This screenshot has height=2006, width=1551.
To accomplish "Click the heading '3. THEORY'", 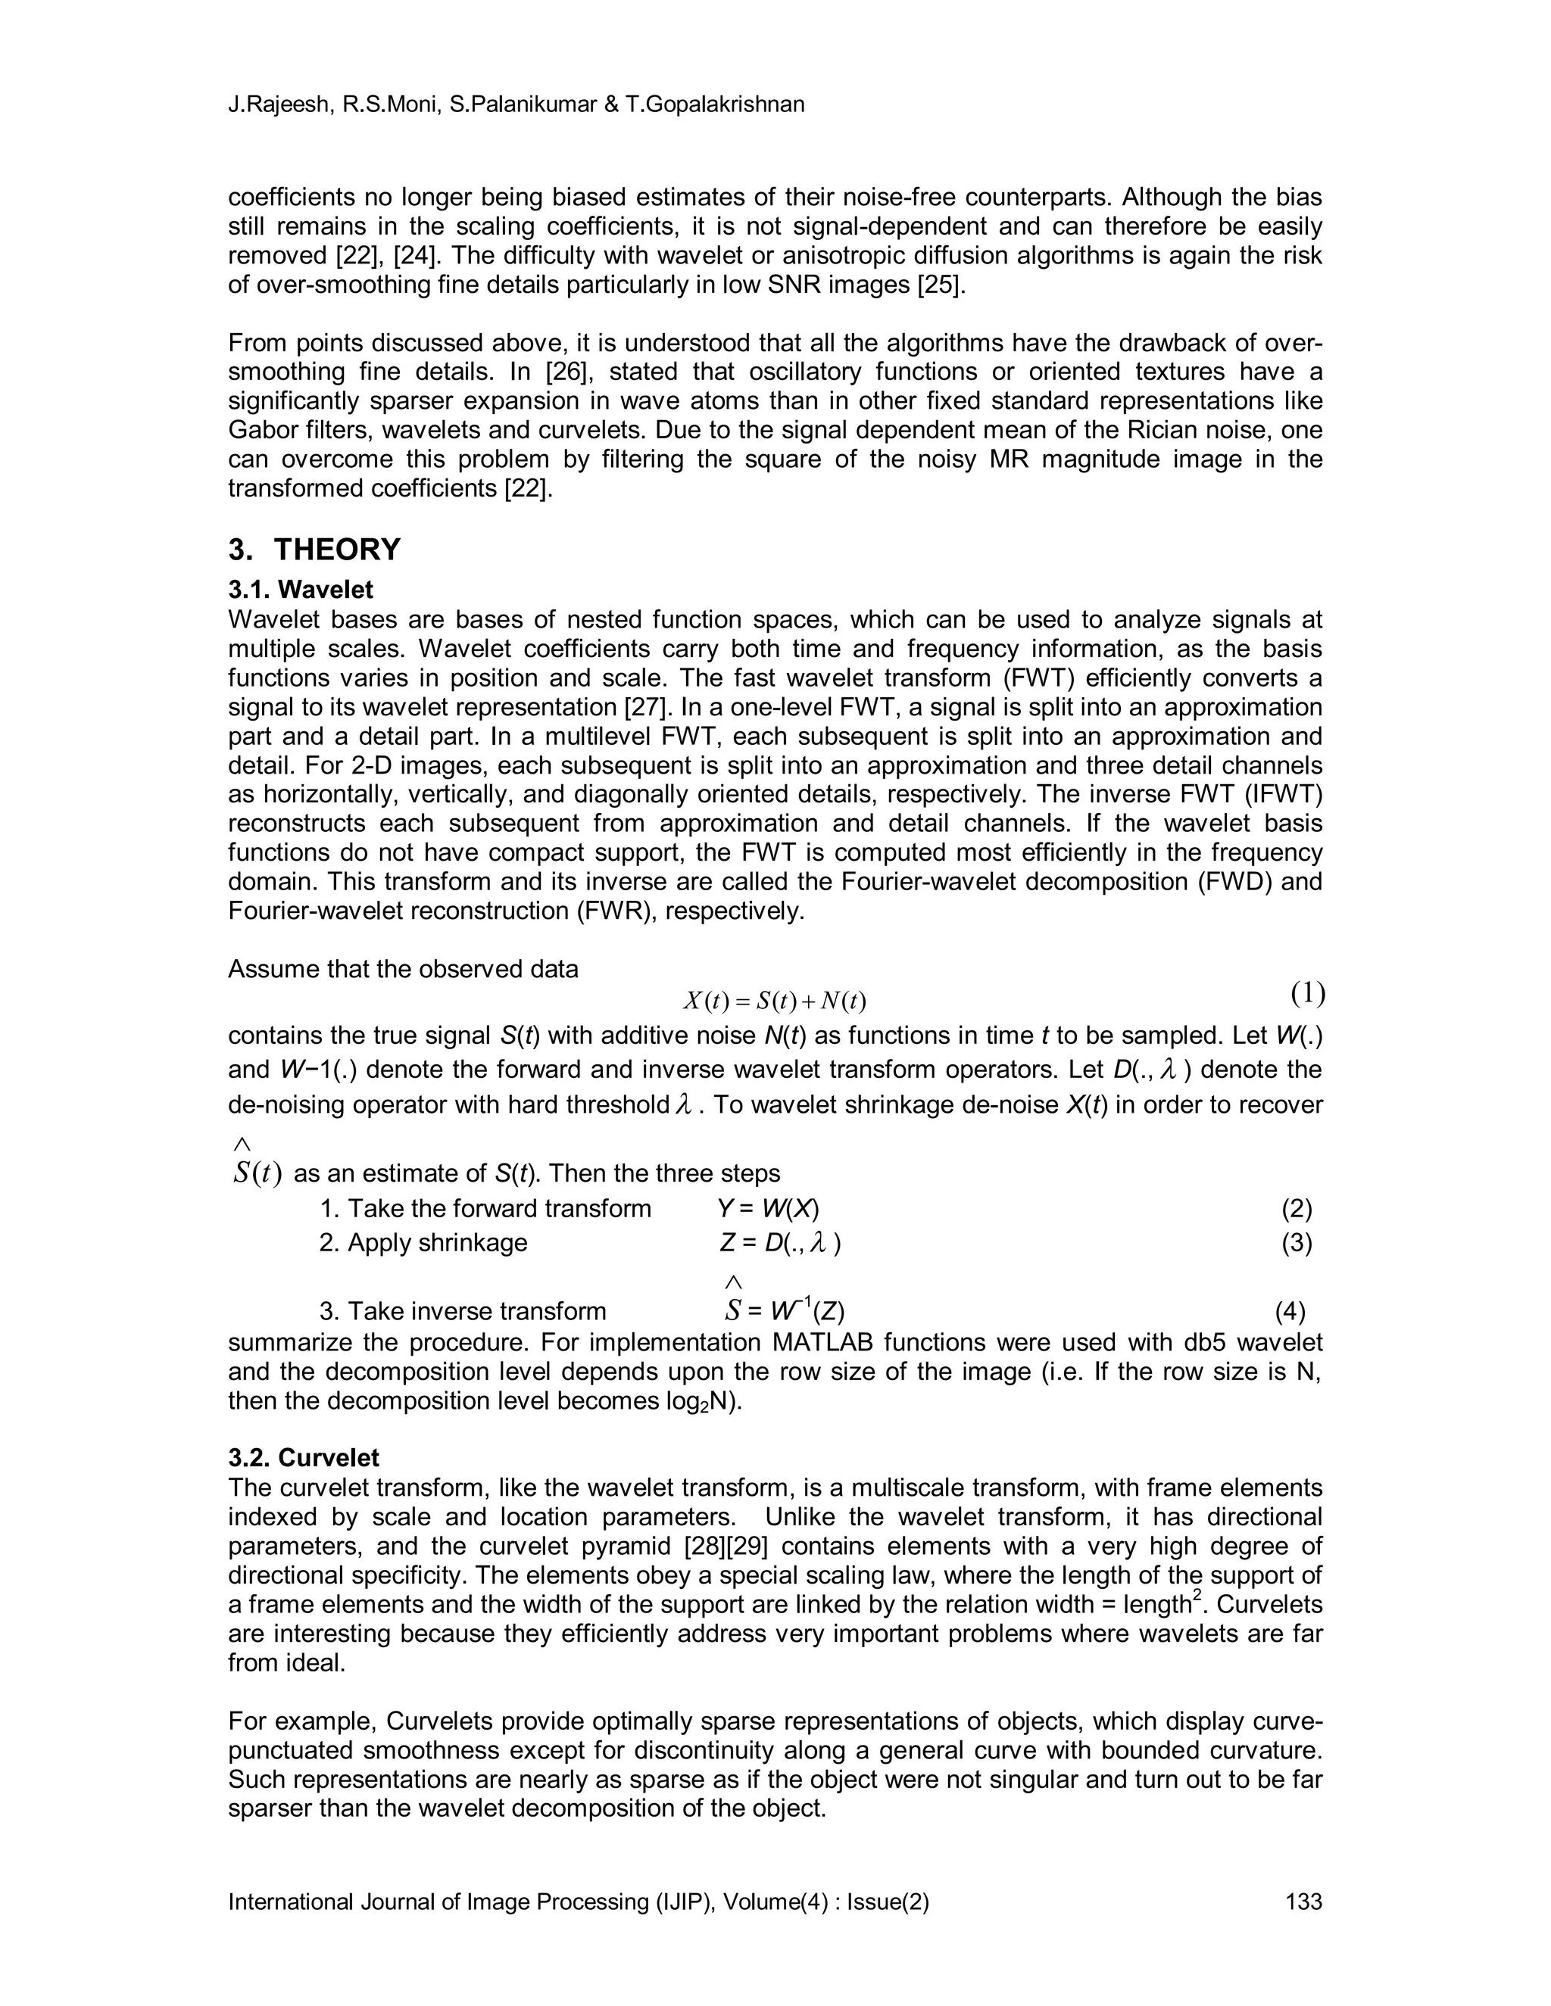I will tap(314, 550).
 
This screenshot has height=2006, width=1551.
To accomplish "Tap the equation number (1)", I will tap(1307, 993).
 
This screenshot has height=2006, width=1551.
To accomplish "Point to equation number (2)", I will tap(1297, 1209).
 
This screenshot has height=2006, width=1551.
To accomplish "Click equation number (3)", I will tap(1297, 1243).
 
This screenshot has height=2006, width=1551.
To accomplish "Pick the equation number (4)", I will tap(1290, 1312).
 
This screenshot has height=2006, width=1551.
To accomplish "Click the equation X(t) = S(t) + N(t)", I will tap(775, 1000).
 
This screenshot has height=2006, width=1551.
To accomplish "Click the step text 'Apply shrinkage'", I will tap(438, 1243).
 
